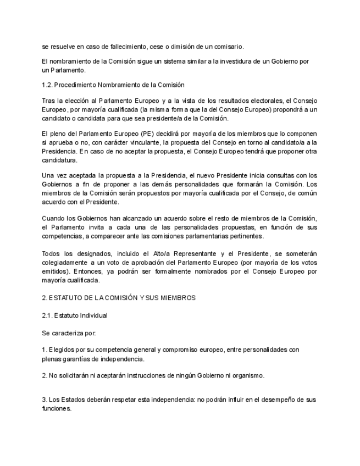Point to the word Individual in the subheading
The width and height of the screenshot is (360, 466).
(92, 315)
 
